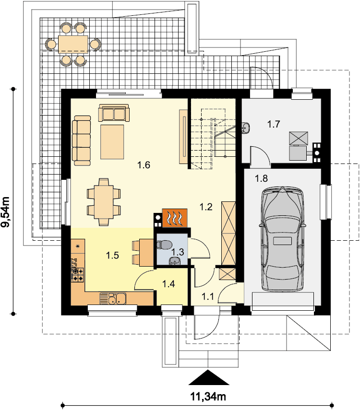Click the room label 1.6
[x=144, y=165]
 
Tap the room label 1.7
[x=274, y=124]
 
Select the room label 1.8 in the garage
[x=261, y=178]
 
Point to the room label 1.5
[x=113, y=255]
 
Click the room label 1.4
[x=168, y=284]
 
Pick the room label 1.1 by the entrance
[x=208, y=296]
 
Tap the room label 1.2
[x=206, y=207]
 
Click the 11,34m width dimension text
[x=208, y=397]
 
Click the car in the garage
[x=282, y=239]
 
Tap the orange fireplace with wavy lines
[x=175, y=218]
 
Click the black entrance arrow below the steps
[x=209, y=377]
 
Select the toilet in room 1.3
[x=164, y=245]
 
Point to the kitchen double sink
[x=113, y=298]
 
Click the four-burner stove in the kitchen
[x=78, y=275]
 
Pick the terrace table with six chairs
[x=73, y=44]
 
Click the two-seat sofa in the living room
[x=114, y=113]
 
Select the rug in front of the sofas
[x=112, y=142]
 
